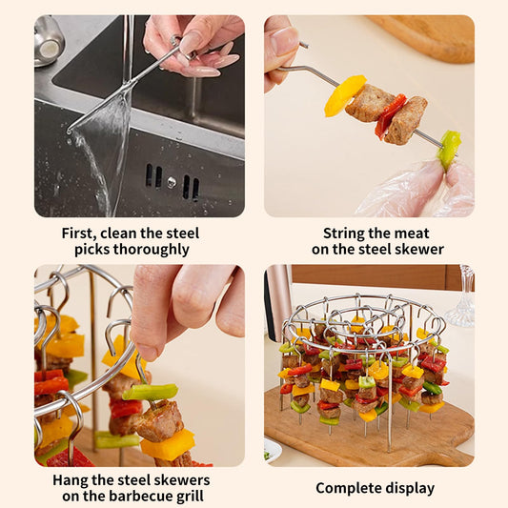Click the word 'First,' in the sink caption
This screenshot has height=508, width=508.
[x=78, y=234]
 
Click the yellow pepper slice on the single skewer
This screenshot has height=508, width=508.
[x=344, y=95]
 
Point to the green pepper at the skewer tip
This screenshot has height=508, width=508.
[x=449, y=150]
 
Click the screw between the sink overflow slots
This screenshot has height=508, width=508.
[x=172, y=182]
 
